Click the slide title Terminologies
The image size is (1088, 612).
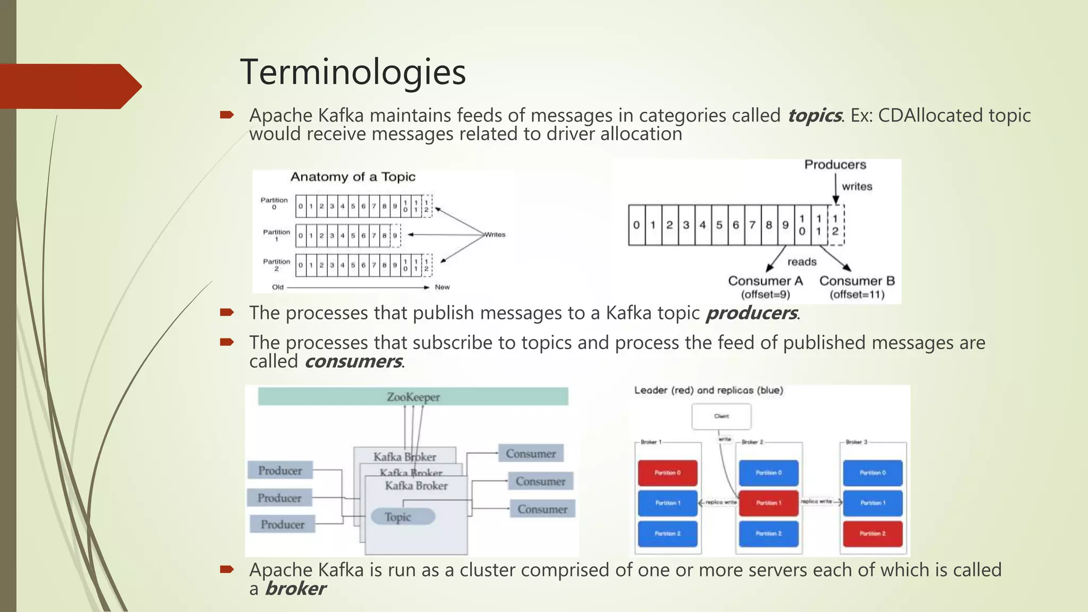click(x=353, y=72)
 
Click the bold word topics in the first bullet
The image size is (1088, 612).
click(x=814, y=115)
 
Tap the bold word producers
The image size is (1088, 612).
click(x=751, y=313)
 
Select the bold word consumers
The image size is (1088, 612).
click(x=353, y=361)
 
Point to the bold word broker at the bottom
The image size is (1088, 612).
click(x=295, y=589)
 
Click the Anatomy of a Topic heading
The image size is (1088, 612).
click(x=353, y=177)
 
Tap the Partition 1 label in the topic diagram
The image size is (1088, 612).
click(x=276, y=235)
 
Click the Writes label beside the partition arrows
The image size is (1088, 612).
click(x=495, y=234)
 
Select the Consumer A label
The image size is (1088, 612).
click(x=765, y=281)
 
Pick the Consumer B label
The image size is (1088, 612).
click(x=857, y=281)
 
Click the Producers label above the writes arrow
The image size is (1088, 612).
click(x=835, y=165)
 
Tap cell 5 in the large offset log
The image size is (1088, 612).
click(x=719, y=225)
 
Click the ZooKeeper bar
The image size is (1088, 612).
click(x=413, y=397)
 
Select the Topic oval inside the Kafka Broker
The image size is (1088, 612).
click(x=403, y=516)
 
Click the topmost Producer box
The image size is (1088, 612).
click(x=280, y=470)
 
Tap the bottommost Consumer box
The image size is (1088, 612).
click(x=542, y=509)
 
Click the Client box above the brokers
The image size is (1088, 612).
click(x=721, y=416)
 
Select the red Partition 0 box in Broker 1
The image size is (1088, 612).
click(x=667, y=473)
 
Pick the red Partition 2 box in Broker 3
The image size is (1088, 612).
click(x=872, y=533)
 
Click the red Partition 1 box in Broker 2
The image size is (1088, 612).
click(x=768, y=503)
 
